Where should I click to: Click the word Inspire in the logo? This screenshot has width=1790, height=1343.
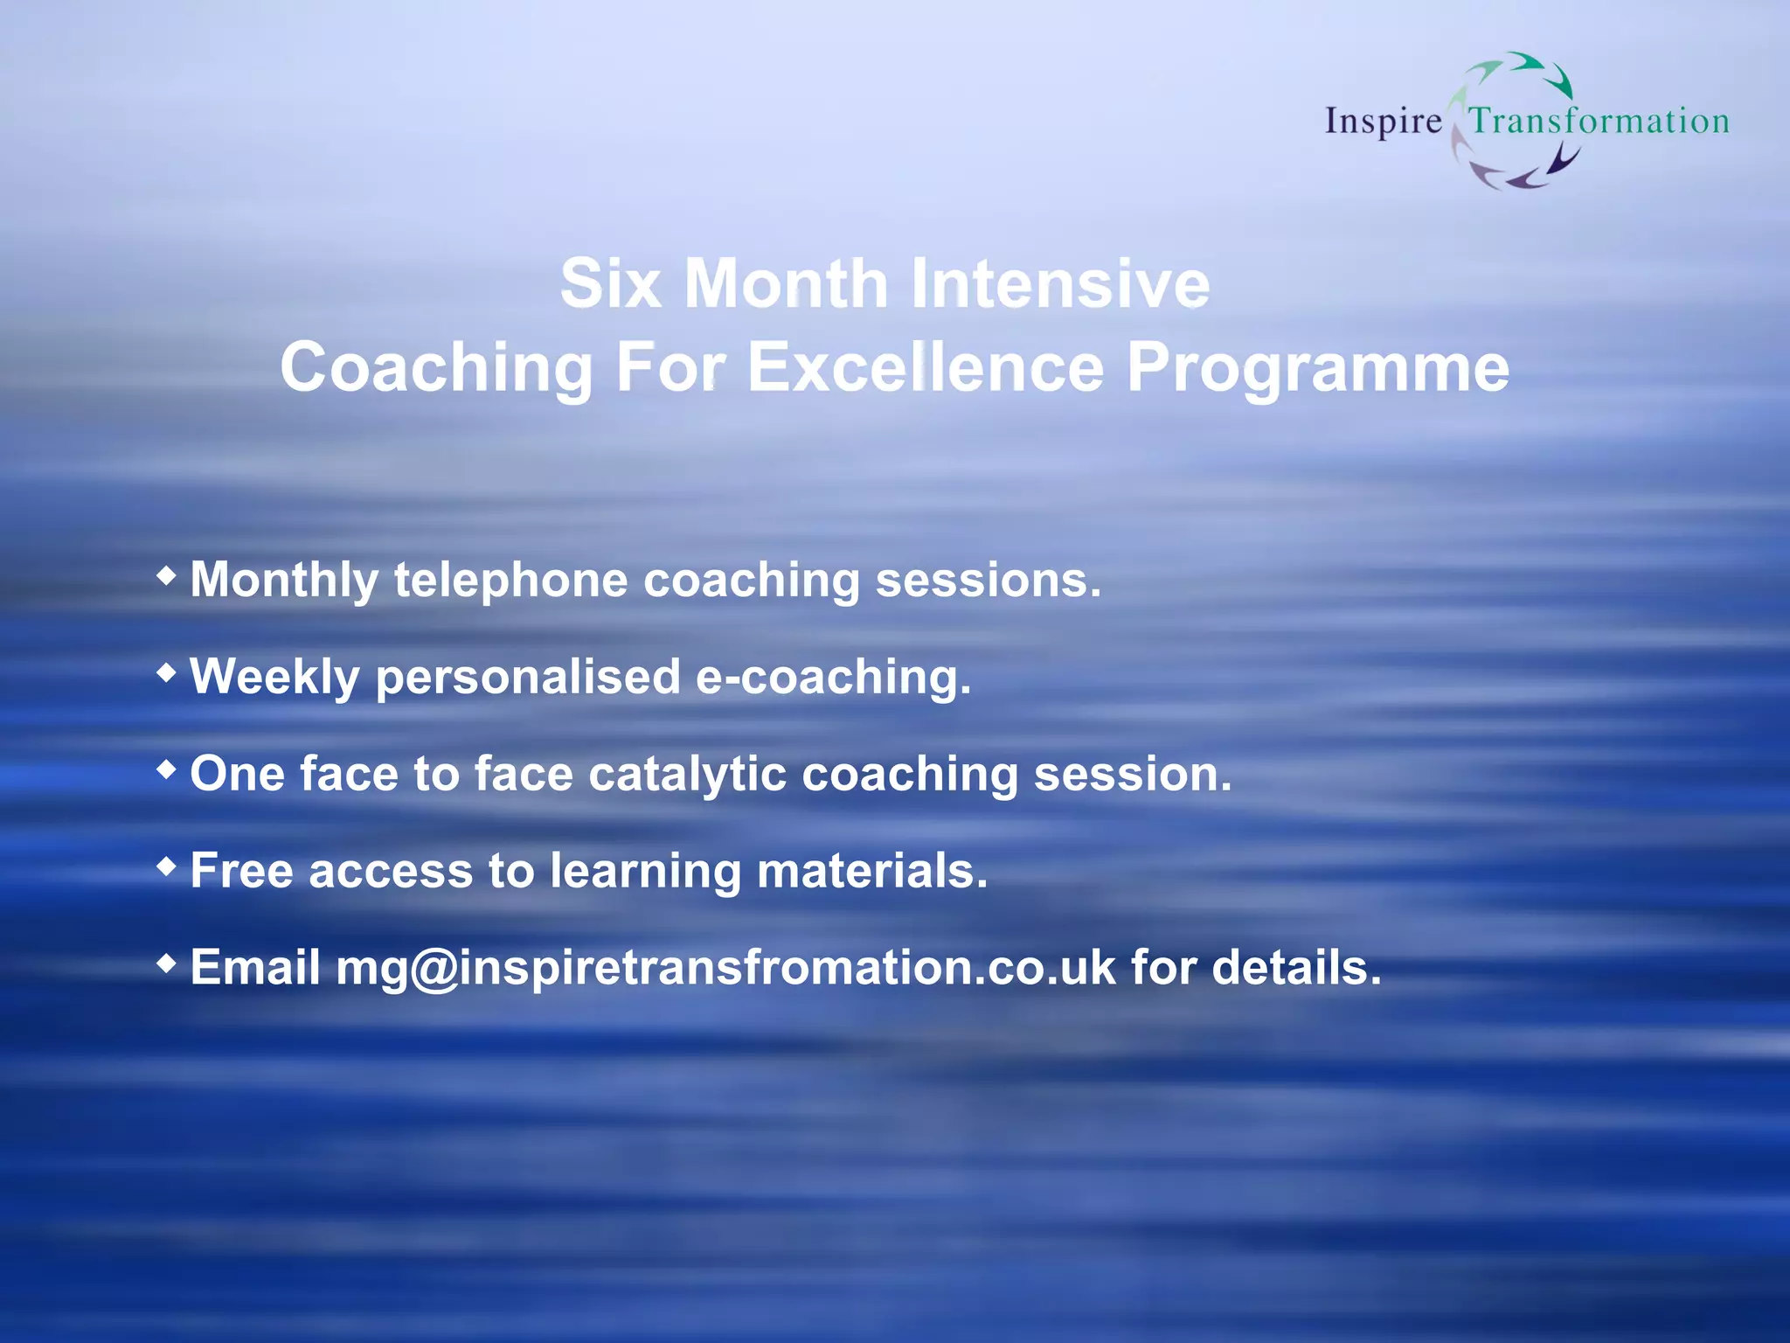[1383, 122]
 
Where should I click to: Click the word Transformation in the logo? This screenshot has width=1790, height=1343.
[1599, 121]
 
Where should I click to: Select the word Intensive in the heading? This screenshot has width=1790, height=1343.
[1060, 284]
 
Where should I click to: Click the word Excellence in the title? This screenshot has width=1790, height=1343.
[926, 367]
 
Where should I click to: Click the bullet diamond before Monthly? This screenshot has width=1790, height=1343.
[166, 576]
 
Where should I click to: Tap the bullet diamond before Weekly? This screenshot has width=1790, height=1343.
[166, 673]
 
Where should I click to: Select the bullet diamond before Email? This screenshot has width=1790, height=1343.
[166, 964]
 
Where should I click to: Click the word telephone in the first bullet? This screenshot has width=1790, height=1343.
[510, 581]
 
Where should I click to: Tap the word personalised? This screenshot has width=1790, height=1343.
[528, 678]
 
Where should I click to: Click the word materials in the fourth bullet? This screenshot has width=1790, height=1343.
[871, 872]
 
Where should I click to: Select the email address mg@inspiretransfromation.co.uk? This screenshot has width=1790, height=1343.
[725, 969]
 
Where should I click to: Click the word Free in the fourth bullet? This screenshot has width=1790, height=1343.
[241, 872]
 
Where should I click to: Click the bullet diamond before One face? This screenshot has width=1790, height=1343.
[166, 770]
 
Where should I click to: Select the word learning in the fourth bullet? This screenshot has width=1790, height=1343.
[645, 873]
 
